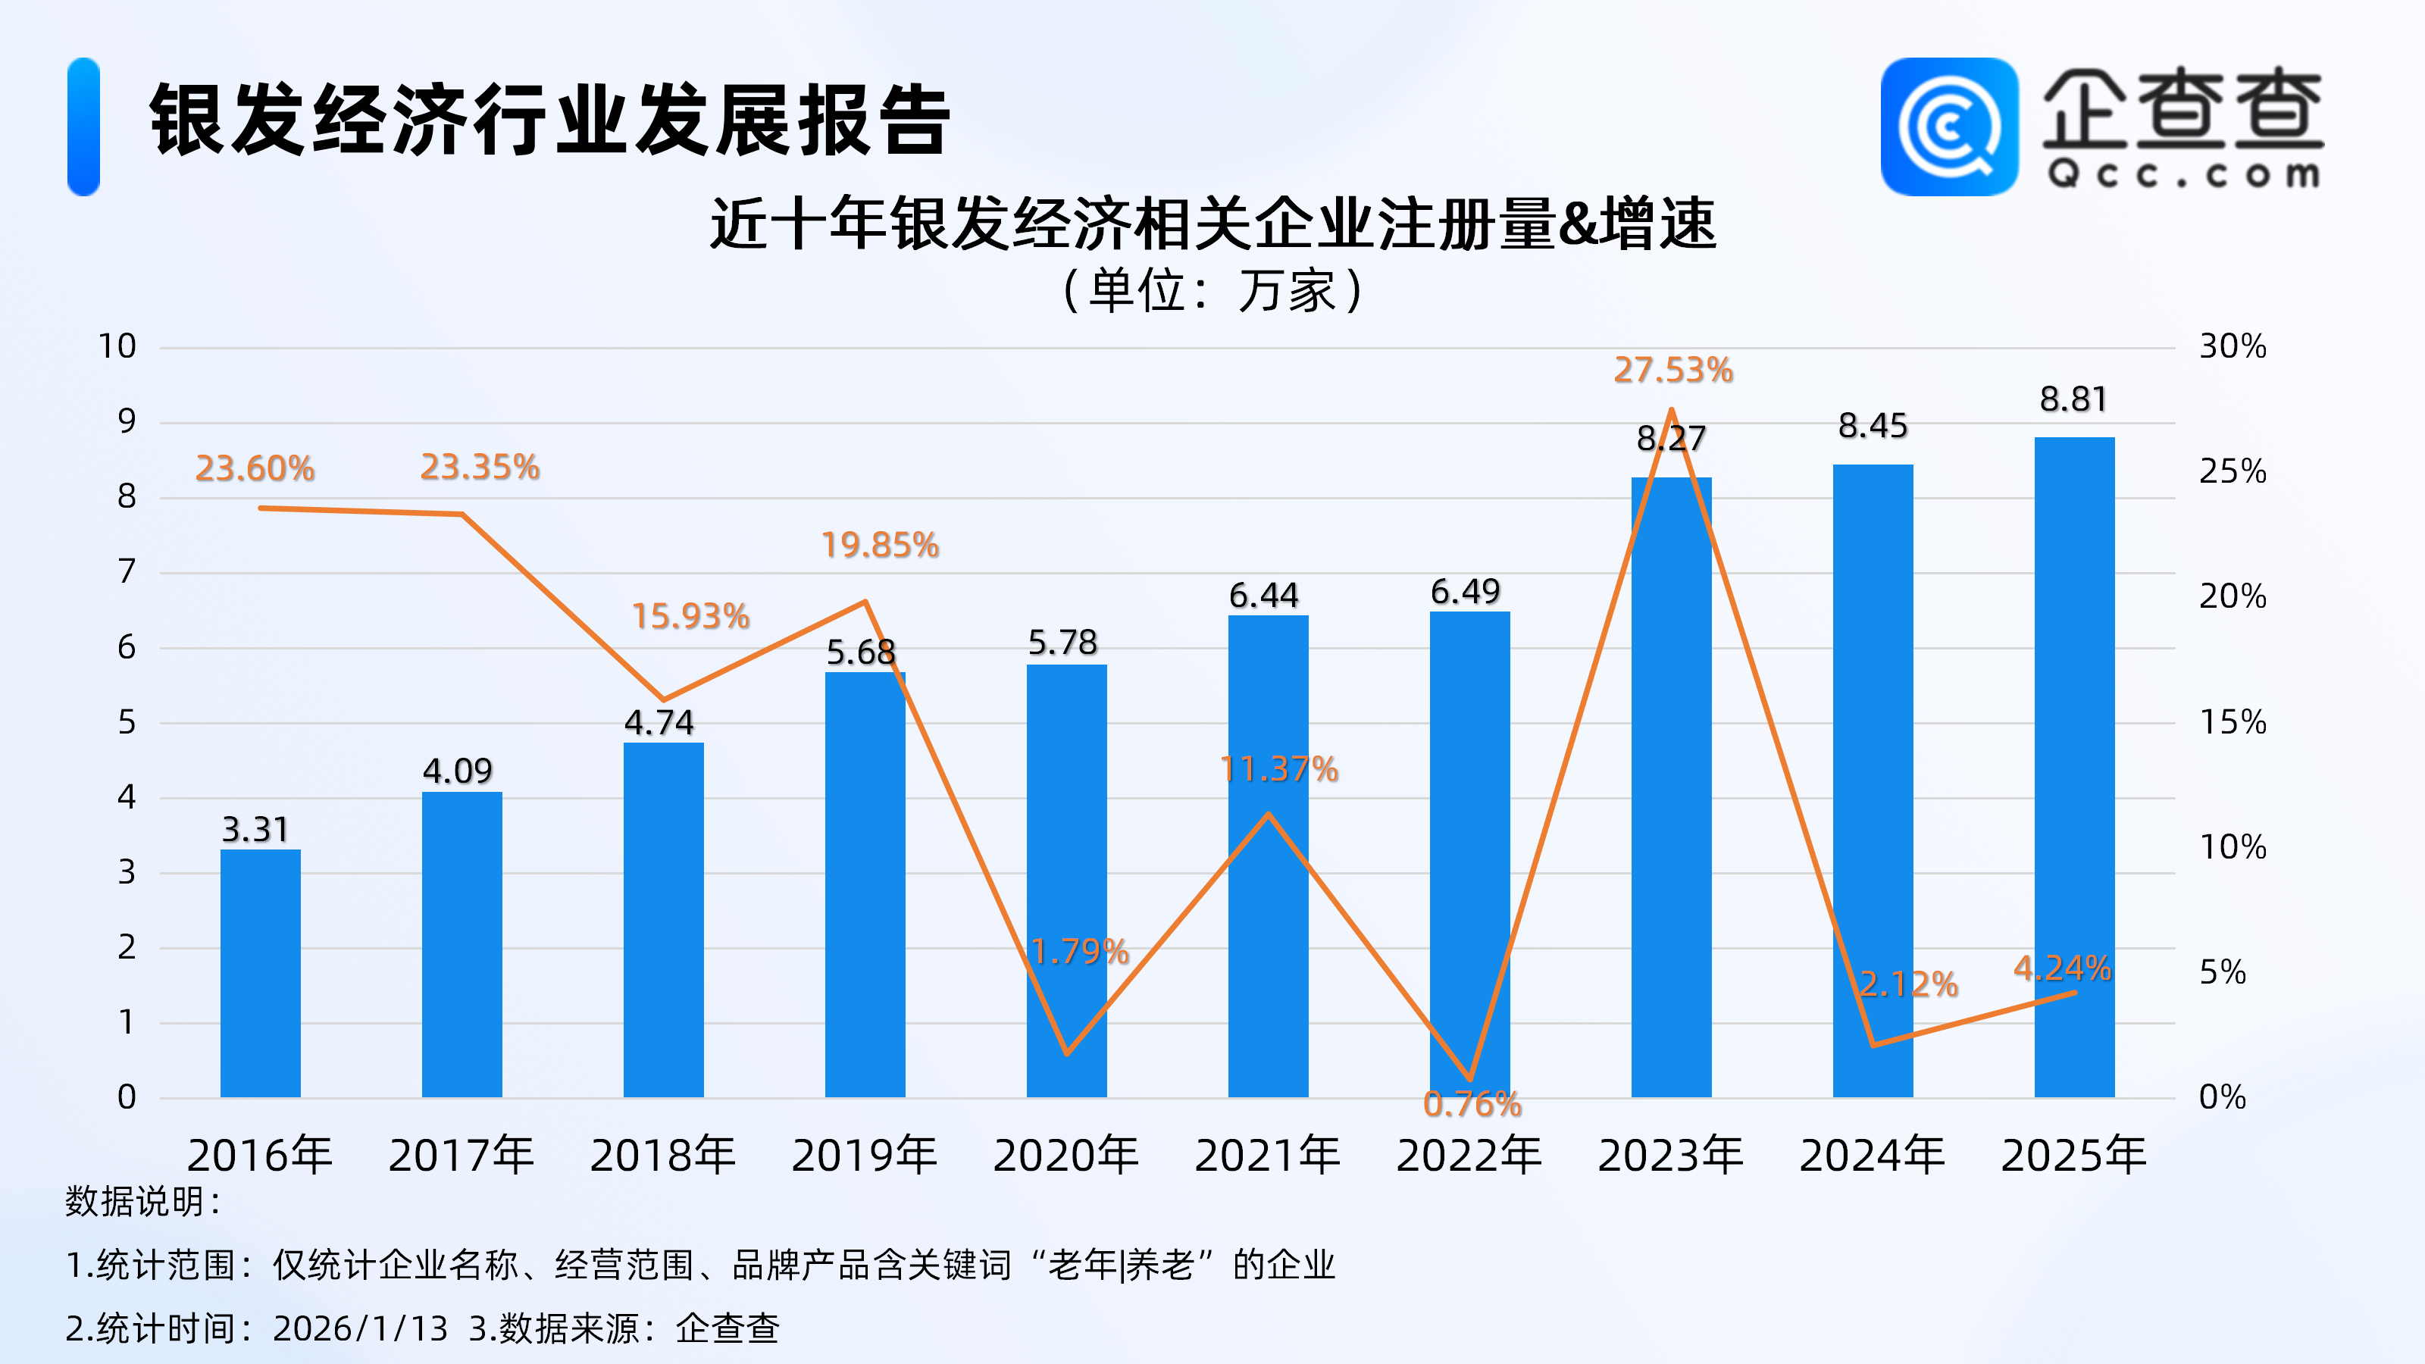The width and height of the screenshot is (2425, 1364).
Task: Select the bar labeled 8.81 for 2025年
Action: [2074, 766]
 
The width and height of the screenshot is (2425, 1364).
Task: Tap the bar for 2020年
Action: [1065, 880]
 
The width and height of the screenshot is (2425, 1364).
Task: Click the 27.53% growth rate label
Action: [1672, 370]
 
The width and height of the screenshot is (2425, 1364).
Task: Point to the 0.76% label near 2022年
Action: [1472, 1104]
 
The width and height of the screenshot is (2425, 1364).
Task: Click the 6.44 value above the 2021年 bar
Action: [1263, 595]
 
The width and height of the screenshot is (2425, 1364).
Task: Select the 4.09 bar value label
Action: [458, 771]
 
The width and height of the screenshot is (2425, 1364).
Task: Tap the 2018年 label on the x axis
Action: [663, 1155]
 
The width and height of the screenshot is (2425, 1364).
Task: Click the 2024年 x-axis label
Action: [1872, 1155]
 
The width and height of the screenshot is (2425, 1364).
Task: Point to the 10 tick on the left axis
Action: [117, 346]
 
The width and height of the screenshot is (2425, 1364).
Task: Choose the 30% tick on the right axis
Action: [2232, 346]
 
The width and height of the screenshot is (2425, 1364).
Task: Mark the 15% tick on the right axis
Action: [2232, 722]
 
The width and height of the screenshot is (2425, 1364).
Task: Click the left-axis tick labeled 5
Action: [126, 723]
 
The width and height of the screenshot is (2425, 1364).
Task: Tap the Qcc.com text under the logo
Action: [2183, 175]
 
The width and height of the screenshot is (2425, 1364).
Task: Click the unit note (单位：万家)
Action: [1212, 290]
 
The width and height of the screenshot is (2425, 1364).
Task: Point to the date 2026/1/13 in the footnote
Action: [361, 1328]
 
